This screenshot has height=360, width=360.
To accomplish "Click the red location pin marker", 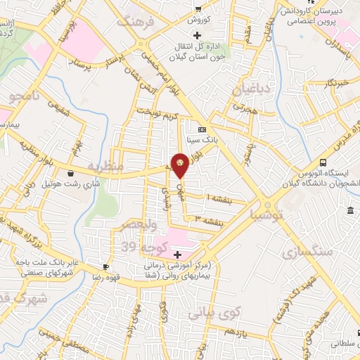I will click(x=180, y=164).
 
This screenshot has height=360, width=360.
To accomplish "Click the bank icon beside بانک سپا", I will click(x=202, y=129).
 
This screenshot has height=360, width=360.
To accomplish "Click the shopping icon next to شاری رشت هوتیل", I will click(x=70, y=174).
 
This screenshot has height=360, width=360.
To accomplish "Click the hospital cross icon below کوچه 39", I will click(x=177, y=253).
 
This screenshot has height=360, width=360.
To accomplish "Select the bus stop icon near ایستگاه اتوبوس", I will click(x=323, y=160).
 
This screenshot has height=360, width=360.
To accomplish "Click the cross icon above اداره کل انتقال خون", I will click(x=196, y=35).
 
